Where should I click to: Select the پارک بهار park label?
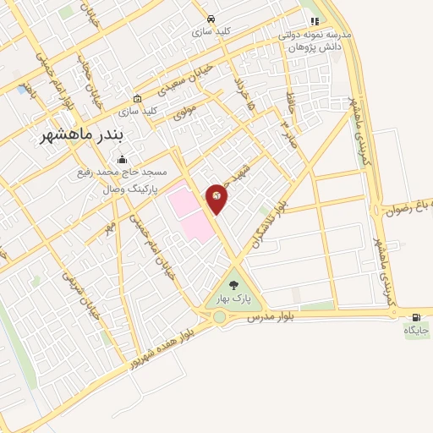(235, 299)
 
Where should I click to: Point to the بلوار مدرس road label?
(274, 317)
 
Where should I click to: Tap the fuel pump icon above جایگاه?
(415, 317)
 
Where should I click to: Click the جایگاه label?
(416, 329)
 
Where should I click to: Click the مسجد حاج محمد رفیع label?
(131, 172)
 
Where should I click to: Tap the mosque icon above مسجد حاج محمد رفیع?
(123, 159)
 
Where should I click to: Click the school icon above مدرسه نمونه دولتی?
(315, 21)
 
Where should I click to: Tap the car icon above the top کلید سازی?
(211, 19)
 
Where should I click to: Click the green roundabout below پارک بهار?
(222, 317)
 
